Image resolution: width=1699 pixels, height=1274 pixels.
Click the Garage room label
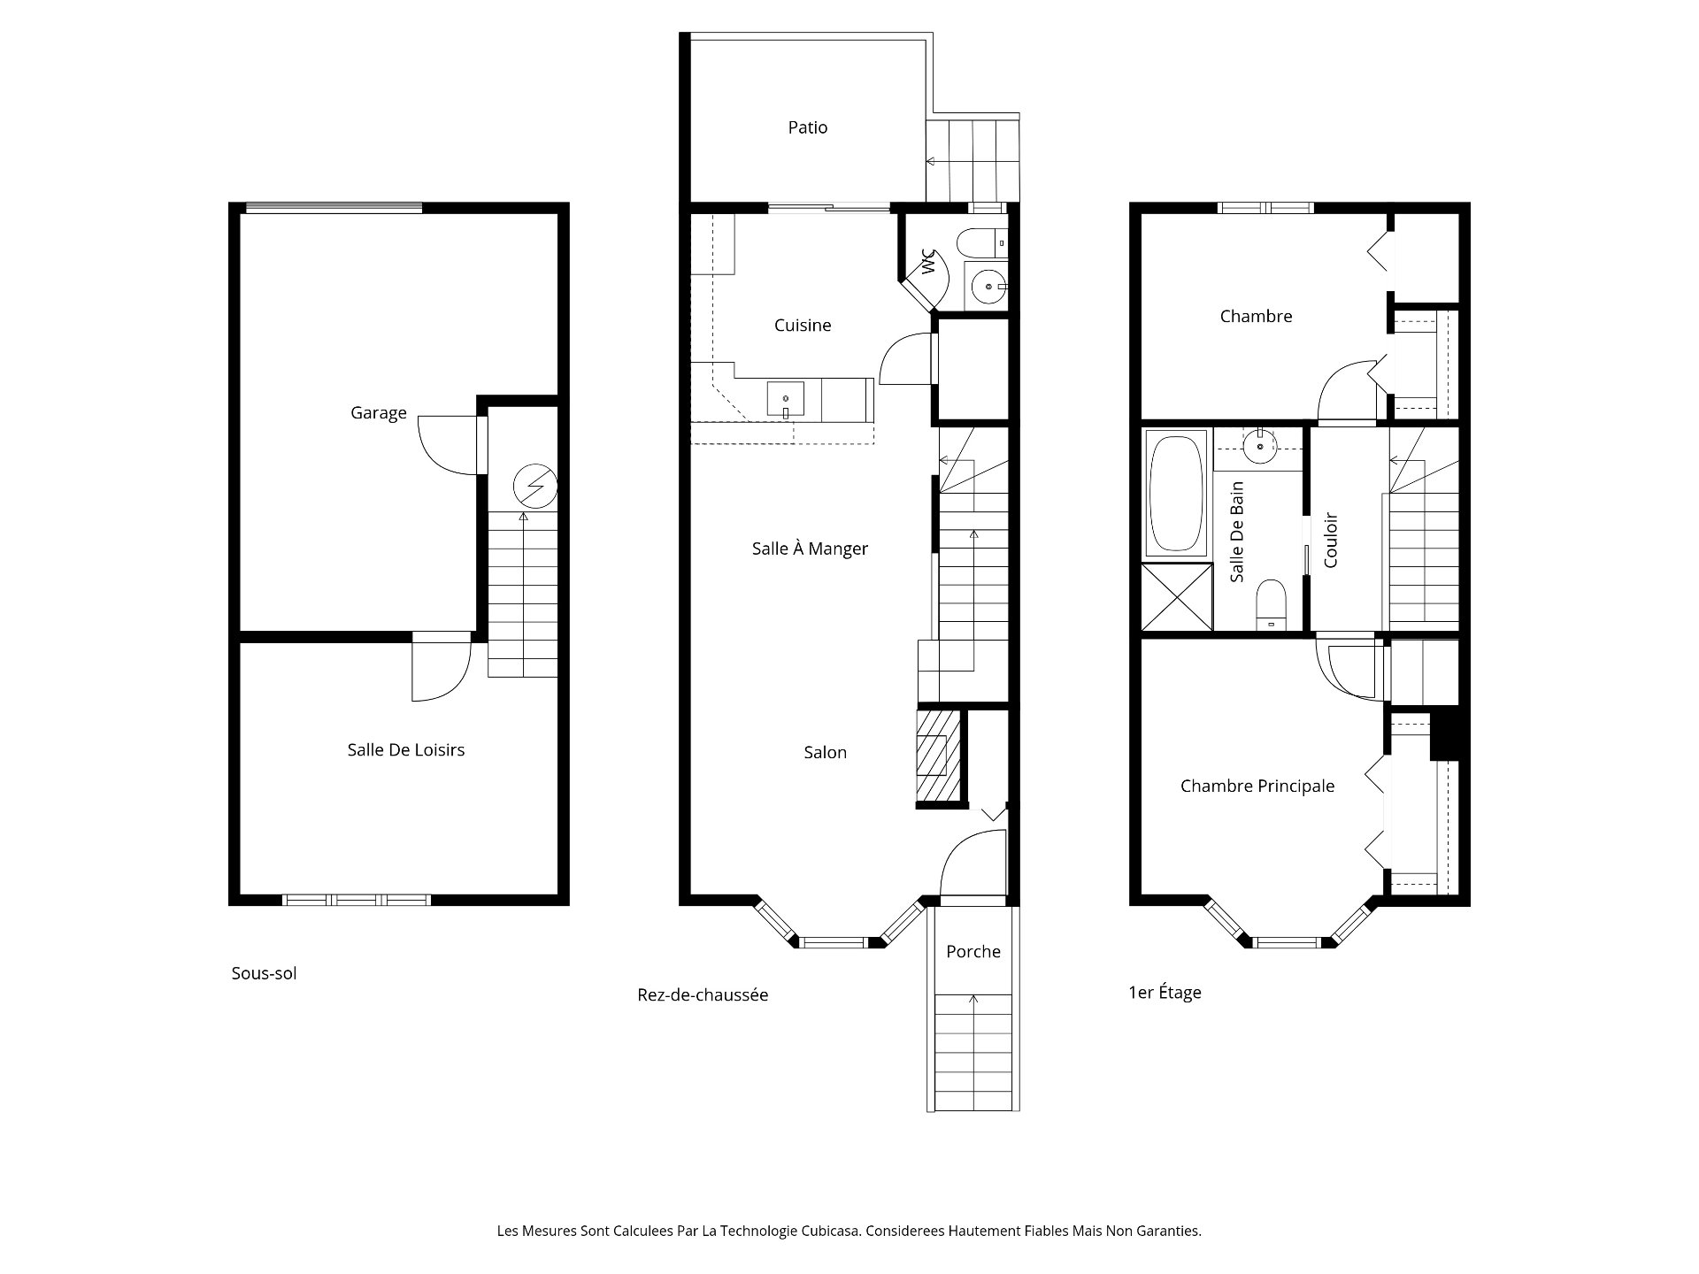coord(379,413)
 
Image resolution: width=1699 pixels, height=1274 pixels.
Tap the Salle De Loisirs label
coord(406,750)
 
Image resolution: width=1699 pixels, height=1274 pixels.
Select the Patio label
coord(808,127)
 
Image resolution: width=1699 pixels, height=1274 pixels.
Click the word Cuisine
coord(803,326)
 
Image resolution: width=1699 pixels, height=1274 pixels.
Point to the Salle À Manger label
coord(810,548)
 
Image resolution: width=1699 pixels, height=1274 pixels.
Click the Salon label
coord(826,753)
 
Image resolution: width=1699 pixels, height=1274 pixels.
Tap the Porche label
coord(973,952)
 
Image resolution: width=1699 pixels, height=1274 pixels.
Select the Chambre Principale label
coord(1257,787)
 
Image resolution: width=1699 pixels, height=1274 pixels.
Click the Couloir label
coord(1331,540)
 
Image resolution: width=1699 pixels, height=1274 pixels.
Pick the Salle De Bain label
coord(1237,532)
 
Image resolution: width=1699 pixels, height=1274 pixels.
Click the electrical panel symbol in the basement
coord(535,486)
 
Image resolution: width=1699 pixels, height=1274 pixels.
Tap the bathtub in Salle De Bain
coord(1176,492)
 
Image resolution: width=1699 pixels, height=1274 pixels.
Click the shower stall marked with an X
coord(1177,597)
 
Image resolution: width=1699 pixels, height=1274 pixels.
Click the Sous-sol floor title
coord(264,973)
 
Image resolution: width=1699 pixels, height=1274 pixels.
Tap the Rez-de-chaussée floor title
coord(703,995)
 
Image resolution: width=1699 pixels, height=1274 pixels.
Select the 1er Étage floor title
coord(1165,993)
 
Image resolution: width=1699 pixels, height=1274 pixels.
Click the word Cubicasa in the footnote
coord(830,1231)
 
